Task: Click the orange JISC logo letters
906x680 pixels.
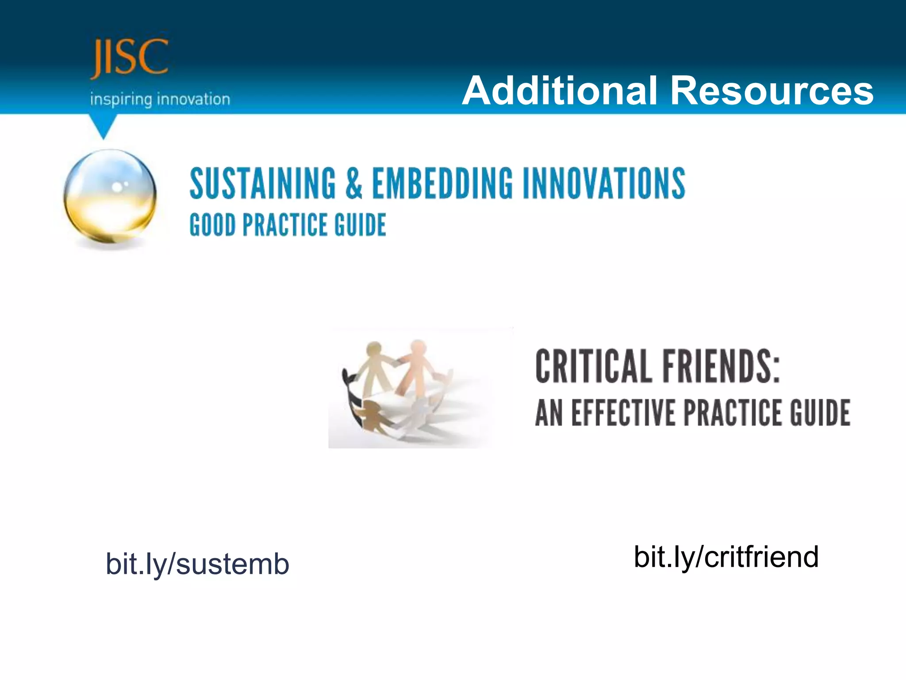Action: coord(129,58)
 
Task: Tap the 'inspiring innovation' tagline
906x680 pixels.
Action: coord(160,99)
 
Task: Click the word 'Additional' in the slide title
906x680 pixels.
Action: coord(560,91)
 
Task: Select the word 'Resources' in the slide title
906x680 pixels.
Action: coord(772,91)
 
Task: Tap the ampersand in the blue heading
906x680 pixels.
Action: coord(354,183)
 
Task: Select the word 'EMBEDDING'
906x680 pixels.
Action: coord(442,183)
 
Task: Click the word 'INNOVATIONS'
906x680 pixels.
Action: coord(604,183)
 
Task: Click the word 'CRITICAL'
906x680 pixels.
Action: coord(593,367)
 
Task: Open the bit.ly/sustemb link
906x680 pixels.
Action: coord(197,564)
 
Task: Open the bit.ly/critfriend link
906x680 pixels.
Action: coord(726,556)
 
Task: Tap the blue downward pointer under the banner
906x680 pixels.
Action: coord(103,127)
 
